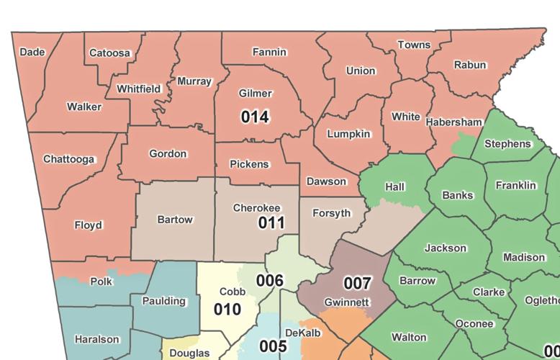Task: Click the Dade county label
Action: (x=32, y=52)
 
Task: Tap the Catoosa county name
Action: (x=109, y=53)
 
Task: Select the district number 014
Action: (x=255, y=116)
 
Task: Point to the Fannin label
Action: (x=269, y=52)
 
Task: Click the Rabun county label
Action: (x=469, y=65)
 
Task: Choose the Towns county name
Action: (x=414, y=45)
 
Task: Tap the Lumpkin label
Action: (x=348, y=134)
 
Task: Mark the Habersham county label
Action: (x=453, y=122)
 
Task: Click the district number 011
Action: (x=272, y=222)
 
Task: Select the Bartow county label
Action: (x=175, y=219)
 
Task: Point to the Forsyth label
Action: (x=331, y=213)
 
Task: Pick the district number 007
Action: (x=357, y=283)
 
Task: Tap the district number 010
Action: (x=227, y=310)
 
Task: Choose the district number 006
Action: (x=270, y=280)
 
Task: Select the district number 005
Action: (x=273, y=346)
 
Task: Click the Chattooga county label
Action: (x=69, y=158)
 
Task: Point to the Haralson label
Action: (x=97, y=339)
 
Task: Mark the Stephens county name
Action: (x=507, y=144)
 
